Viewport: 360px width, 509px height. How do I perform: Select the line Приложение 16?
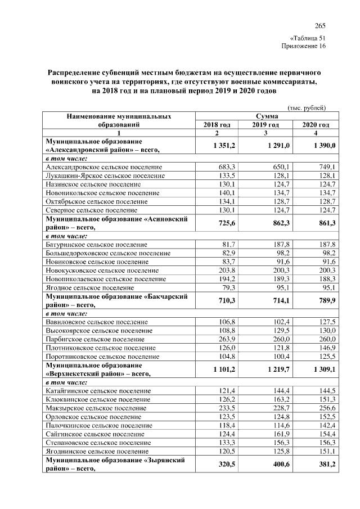304,46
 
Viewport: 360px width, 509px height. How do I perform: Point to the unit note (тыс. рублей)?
307,107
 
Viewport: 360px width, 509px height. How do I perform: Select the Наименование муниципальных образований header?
119,120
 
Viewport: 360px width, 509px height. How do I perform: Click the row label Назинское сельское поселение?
93,184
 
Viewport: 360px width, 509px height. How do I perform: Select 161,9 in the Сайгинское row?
280,434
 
